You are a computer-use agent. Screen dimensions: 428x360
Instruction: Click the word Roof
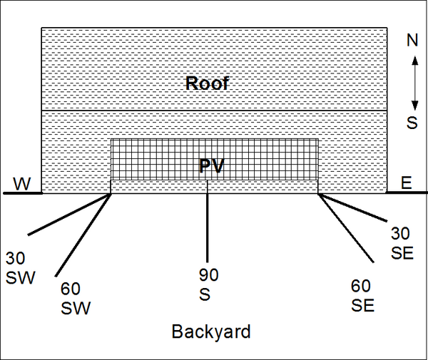(207, 83)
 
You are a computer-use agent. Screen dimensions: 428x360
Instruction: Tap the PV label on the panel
(212, 165)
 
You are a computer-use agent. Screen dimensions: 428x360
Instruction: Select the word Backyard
(211, 331)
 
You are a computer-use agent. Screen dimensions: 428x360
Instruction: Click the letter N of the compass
(412, 40)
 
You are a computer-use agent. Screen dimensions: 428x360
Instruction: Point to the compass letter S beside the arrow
(412, 123)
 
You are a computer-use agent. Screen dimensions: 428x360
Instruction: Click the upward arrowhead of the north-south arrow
(414, 61)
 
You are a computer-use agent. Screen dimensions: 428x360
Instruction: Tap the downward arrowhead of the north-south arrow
(414, 106)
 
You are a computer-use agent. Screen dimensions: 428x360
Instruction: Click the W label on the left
(22, 184)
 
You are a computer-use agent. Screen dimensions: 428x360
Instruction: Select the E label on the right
(406, 182)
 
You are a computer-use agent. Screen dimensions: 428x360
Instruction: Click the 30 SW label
(20, 268)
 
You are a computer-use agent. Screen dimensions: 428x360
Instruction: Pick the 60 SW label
(76, 299)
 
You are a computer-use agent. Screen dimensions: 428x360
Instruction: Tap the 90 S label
(208, 284)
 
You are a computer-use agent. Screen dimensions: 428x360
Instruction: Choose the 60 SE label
(362, 296)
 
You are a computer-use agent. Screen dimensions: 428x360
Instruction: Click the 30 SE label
(402, 243)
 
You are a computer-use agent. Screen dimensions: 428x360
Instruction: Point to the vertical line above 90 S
(207, 221)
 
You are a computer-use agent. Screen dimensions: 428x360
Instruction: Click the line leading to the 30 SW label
(69, 214)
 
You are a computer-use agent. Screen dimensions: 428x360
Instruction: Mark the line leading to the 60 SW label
(83, 235)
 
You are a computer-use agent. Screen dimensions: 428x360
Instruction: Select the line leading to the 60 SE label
(346, 227)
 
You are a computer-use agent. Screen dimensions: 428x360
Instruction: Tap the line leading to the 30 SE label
(352, 207)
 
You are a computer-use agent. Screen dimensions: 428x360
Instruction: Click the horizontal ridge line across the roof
(214, 110)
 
